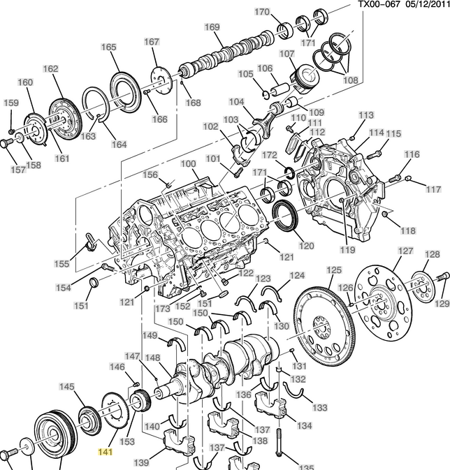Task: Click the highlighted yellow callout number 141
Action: [106, 451]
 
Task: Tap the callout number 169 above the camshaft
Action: [212, 27]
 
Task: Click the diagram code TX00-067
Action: [379, 4]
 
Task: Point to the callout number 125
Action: [334, 270]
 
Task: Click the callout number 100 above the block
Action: [188, 164]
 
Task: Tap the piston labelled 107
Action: [305, 79]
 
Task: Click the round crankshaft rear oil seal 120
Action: [286, 216]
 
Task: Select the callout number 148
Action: [153, 358]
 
